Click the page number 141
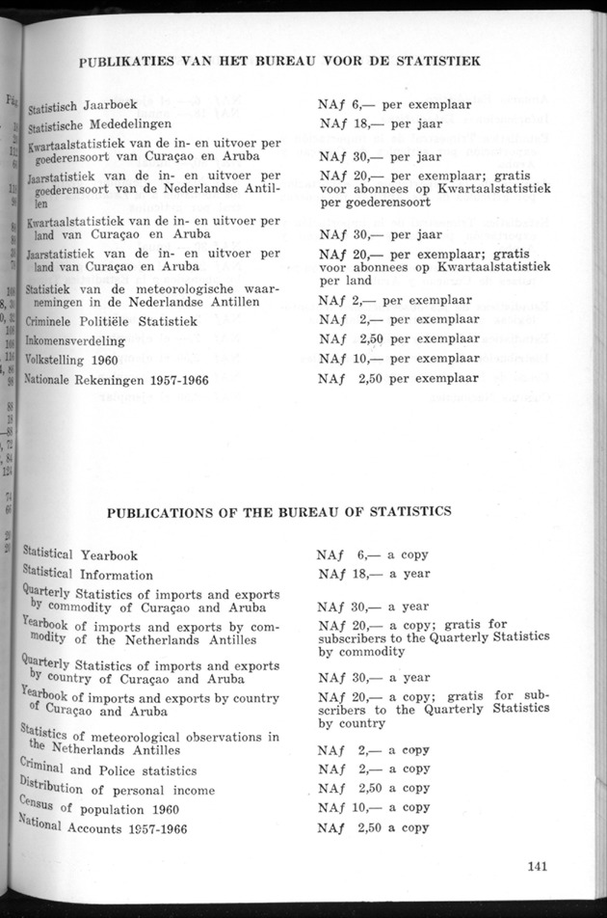coord(538,865)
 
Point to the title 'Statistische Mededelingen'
coord(100,124)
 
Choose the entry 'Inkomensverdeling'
coord(76,340)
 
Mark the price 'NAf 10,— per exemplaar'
coord(398,359)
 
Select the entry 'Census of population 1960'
coord(105,808)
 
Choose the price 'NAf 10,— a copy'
coord(373,807)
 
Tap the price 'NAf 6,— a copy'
coord(372,554)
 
